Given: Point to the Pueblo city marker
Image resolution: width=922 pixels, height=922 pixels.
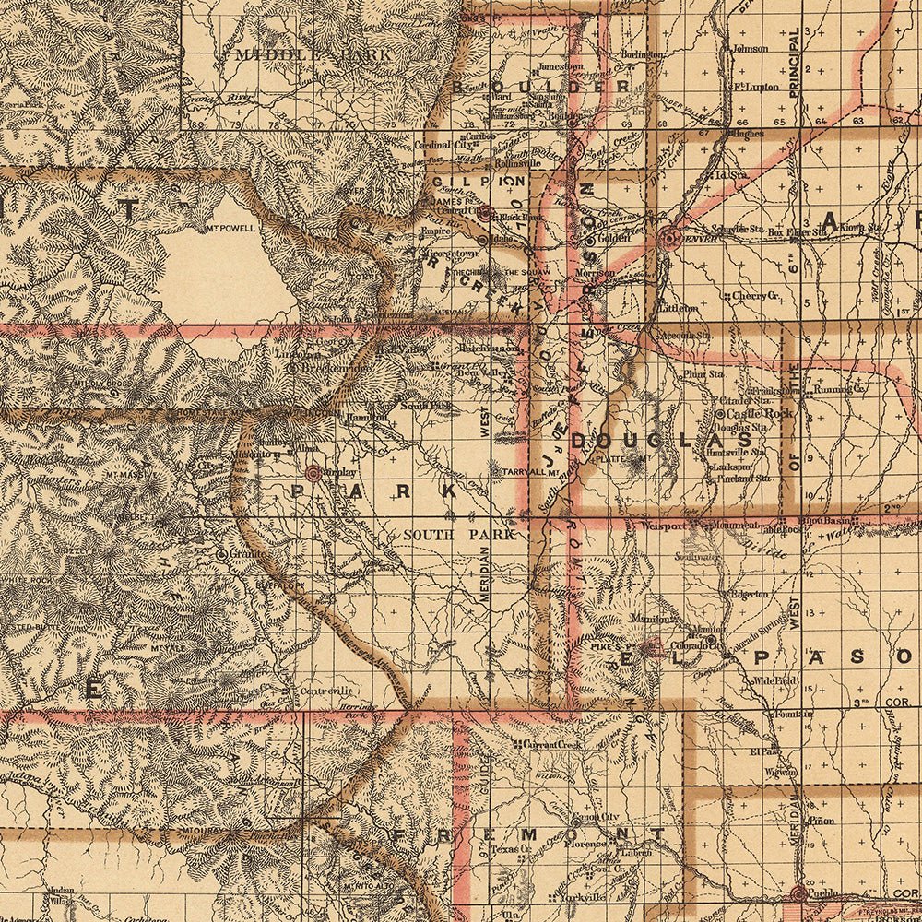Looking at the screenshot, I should [798, 893].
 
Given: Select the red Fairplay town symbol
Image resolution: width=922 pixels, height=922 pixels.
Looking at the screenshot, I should [313, 472].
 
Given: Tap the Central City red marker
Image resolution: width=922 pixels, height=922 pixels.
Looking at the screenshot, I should [484, 212].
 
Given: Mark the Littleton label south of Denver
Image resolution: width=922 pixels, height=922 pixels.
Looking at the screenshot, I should [678, 307].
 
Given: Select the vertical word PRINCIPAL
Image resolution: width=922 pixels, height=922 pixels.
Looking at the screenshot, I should [794, 64].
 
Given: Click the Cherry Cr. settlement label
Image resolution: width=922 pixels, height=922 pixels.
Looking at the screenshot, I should [756, 296].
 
